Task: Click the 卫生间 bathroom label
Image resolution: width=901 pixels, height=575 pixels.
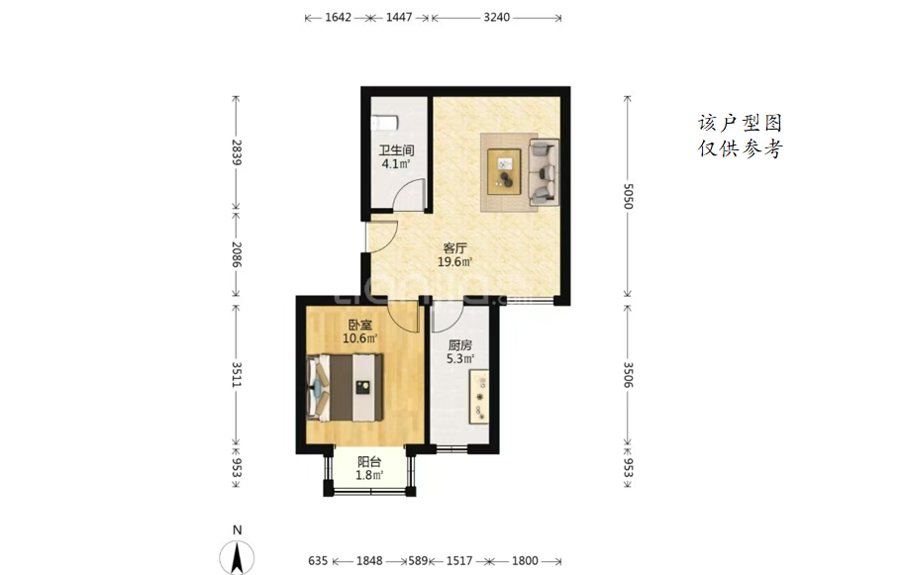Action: (x=396, y=150)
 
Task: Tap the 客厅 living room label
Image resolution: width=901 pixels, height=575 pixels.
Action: (x=454, y=248)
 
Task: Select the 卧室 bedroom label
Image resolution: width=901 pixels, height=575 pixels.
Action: (x=359, y=325)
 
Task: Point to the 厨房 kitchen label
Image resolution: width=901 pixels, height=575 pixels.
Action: (x=460, y=345)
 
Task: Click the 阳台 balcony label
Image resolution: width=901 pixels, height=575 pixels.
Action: (x=369, y=462)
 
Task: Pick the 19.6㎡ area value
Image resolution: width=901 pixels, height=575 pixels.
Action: (x=454, y=262)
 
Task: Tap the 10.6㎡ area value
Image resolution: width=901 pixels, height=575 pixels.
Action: (x=359, y=338)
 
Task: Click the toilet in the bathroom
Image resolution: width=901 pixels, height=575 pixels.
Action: (x=384, y=123)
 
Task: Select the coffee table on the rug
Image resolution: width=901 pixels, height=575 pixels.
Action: (x=504, y=171)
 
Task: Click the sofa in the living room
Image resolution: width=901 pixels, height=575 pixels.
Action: (x=544, y=172)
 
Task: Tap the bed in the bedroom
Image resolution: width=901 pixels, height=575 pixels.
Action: (x=345, y=388)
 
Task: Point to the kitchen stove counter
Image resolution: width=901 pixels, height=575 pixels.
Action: (x=479, y=396)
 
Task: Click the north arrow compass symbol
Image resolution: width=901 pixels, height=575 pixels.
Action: (x=237, y=557)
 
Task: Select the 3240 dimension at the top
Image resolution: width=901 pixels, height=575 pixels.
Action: (x=496, y=17)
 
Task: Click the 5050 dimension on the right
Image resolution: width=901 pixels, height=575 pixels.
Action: (x=628, y=197)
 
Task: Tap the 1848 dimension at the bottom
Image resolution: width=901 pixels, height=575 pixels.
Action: (x=369, y=560)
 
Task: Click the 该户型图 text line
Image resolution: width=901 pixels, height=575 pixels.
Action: (x=741, y=123)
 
